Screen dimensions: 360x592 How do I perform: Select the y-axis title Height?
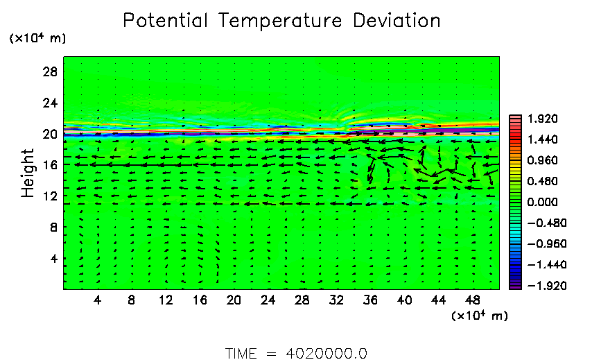pyautogui.click(x=28, y=173)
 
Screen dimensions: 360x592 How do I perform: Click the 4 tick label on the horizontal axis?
pyautogui.click(x=98, y=300)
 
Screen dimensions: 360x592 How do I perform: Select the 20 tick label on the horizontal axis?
pyautogui.click(x=234, y=300)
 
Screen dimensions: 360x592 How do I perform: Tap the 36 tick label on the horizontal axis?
pyautogui.click(x=369, y=300)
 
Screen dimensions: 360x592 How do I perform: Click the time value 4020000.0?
pyautogui.click(x=327, y=353)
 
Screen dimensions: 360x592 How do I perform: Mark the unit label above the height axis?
pyautogui.click(x=37, y=38)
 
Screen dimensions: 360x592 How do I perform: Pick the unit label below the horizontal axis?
pyautogui.click(x=480, y=316)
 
